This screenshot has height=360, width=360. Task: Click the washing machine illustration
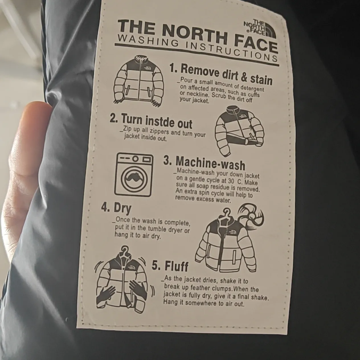[x=134, y=175]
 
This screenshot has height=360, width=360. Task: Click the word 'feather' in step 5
[x=200, y=288]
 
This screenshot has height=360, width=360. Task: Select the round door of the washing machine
[x=134, y=179]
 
